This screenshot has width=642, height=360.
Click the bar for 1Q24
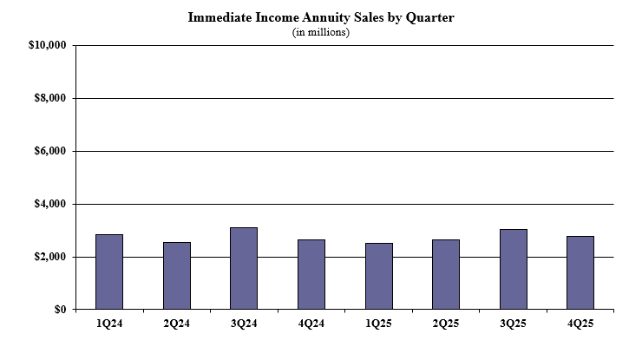109,272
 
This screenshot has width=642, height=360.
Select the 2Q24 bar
177,276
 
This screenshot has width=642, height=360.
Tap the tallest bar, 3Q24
244,268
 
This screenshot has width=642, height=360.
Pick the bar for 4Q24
311,274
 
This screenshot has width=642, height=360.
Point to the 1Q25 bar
378,276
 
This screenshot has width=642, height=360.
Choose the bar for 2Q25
446,274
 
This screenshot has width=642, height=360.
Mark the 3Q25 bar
514,269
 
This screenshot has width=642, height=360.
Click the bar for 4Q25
580,272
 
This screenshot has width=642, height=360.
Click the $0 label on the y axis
59,310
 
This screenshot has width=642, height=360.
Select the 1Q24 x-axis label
109,324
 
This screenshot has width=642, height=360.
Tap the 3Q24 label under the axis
244,324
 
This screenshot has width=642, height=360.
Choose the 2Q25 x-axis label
446,324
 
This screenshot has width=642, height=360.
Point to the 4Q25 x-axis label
580,324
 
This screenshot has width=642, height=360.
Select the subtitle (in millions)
320,32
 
